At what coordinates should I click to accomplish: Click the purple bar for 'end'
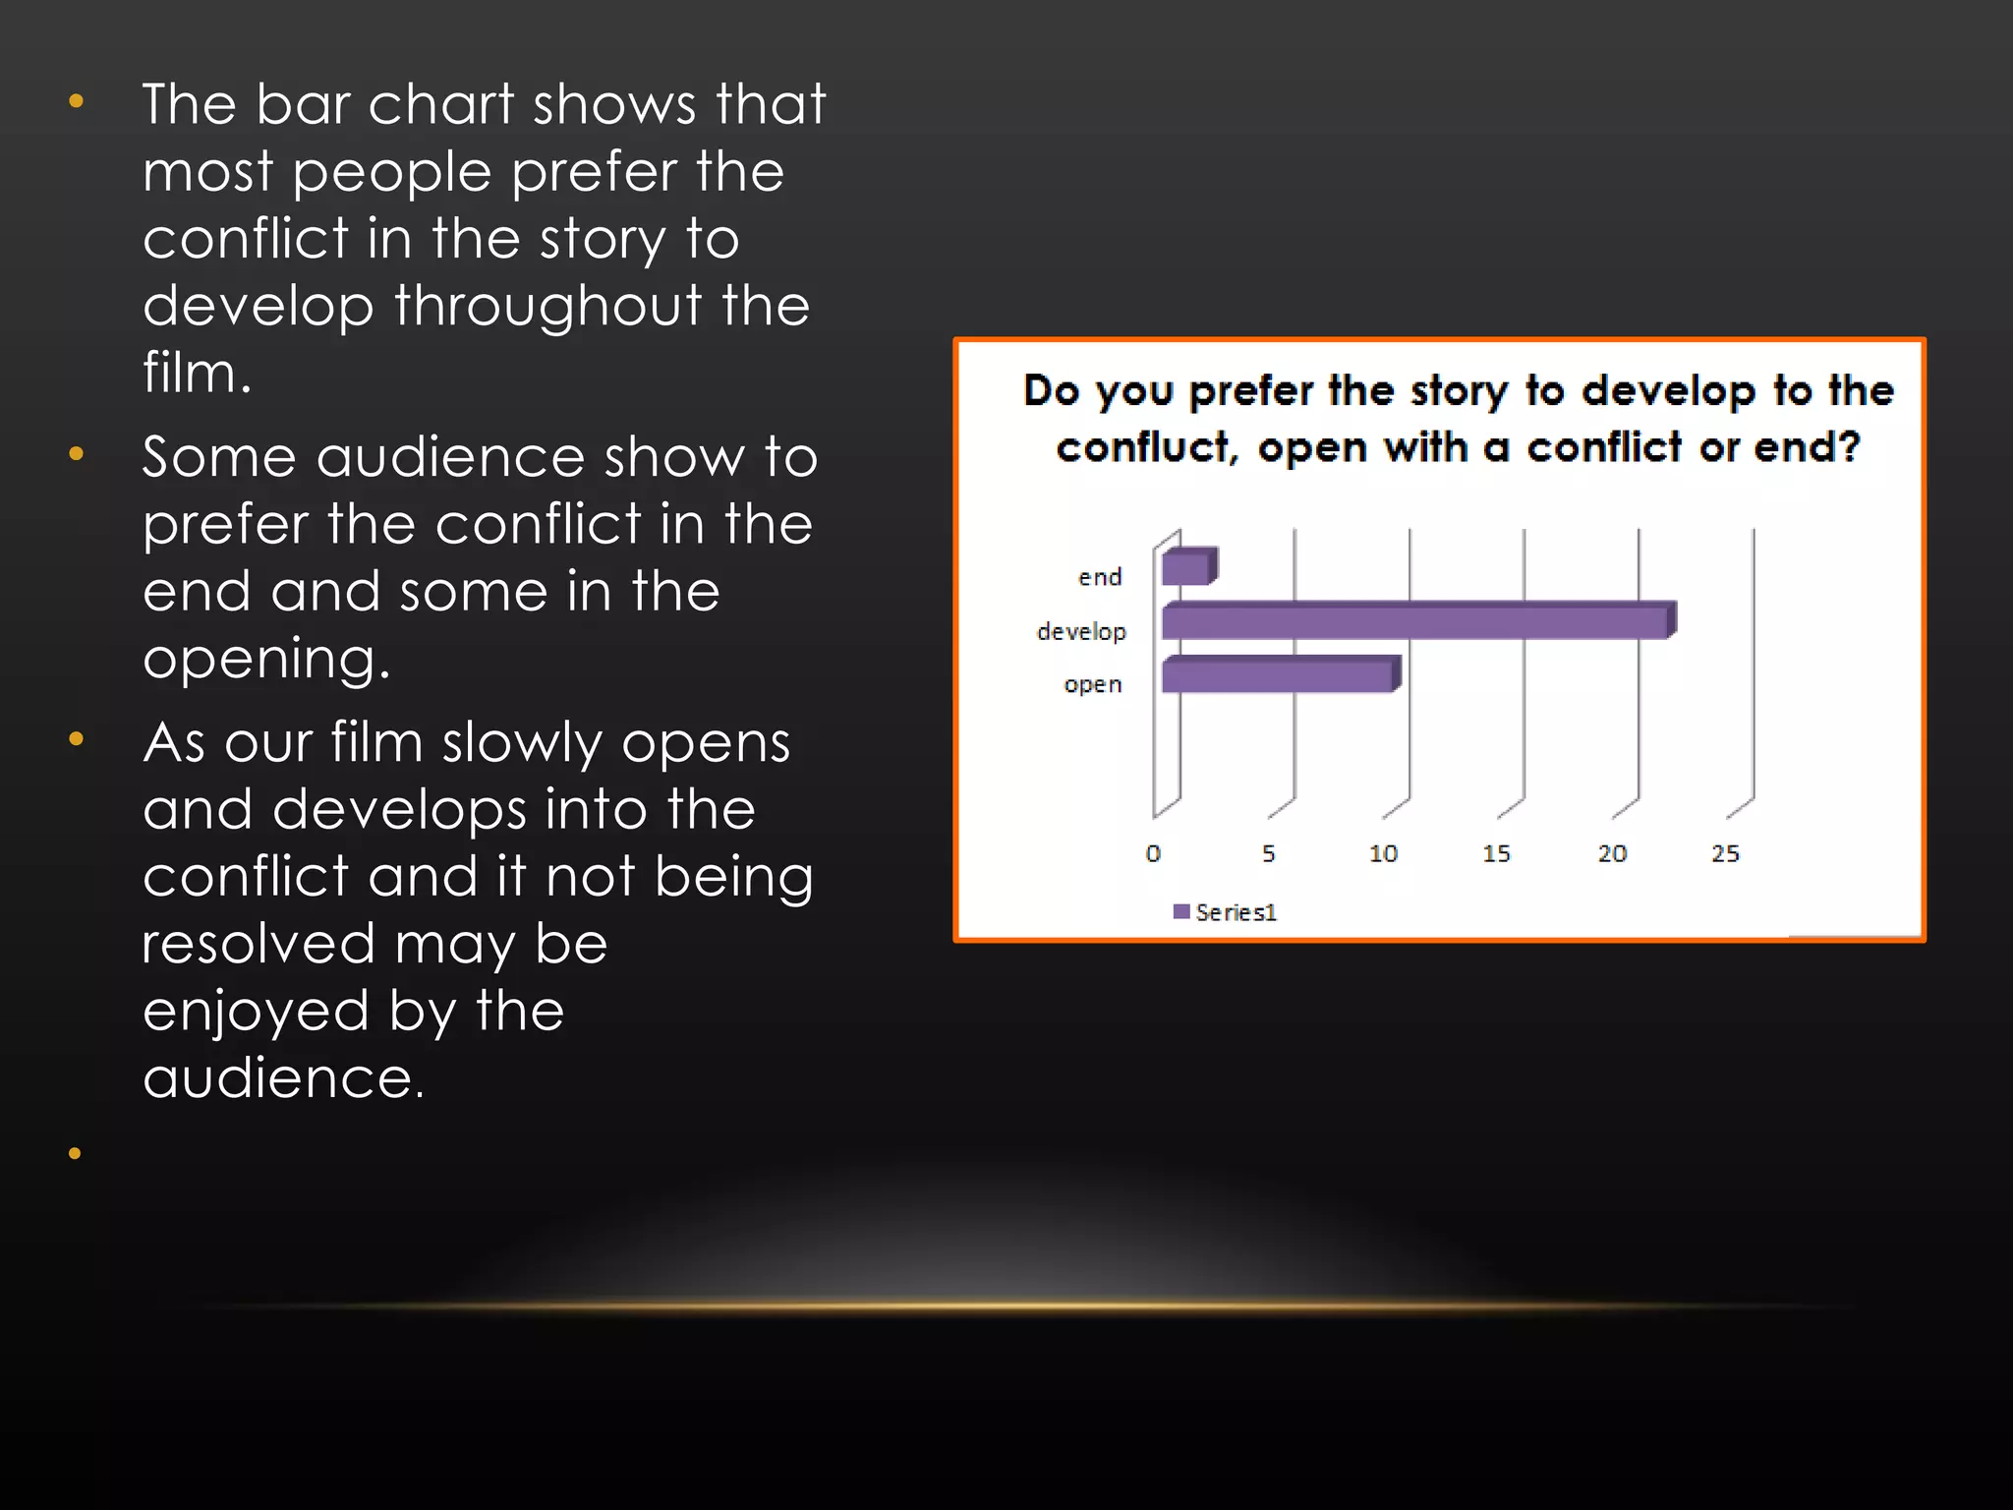click(x=1186, y=568)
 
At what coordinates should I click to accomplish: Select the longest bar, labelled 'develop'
click(x=1415, y=622)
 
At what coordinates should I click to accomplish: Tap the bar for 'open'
click(x=1278, y=676)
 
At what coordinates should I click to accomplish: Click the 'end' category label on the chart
click(x=1099, y=577)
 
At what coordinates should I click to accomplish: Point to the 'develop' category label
click(x=1081, y=631)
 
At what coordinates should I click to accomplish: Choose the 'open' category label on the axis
click(x=1092, y=684)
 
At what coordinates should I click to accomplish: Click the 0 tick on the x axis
click(x=1153, y=853)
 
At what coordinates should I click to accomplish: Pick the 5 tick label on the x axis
click(x=1268, y=853)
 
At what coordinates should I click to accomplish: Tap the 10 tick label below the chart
click(x=1383, y=853)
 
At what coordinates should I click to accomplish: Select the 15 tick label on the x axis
click(x=1496, y=853)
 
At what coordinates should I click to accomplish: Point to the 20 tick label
click(x=1611, y=853)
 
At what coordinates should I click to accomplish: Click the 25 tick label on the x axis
click(x=1725, y=853)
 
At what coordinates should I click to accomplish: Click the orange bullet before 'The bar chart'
click(x=76, y=101)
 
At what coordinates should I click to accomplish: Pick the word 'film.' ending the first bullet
click(x=197, y=374)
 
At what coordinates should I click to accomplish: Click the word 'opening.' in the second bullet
click(x=266, y=659)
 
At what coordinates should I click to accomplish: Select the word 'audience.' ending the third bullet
click(x=283, y=1078)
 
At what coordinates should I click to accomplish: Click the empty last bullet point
click(x=75, y=1153)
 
